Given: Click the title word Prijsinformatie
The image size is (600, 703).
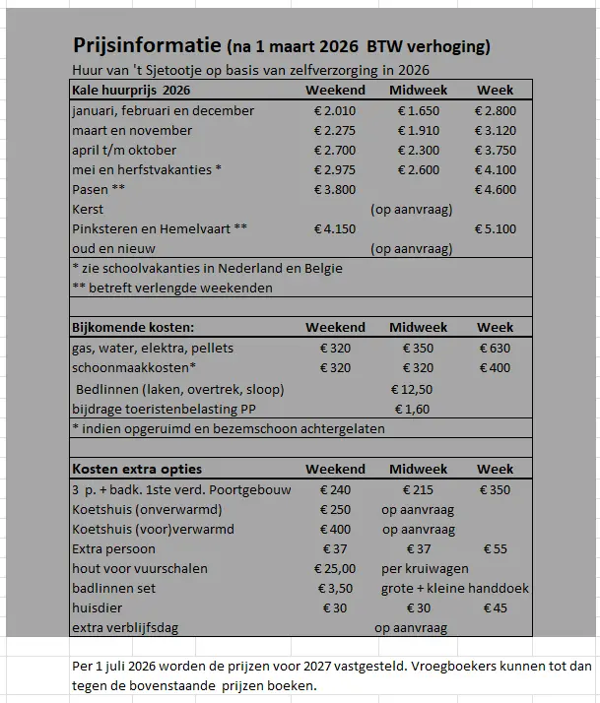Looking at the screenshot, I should point(147,46).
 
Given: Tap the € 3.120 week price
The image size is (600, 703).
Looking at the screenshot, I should point(496,130).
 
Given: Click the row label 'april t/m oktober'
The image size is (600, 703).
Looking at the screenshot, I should point(124,150).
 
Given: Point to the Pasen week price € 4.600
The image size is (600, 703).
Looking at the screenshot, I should point(496,189).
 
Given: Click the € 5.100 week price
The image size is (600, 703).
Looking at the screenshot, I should point(496,228).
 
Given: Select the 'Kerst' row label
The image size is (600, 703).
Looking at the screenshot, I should point(88,209).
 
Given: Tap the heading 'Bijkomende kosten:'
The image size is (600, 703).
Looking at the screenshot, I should point(133,327).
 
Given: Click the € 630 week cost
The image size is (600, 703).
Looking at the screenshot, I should point(496,348).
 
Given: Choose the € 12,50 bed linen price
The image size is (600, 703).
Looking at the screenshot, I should point(412,389).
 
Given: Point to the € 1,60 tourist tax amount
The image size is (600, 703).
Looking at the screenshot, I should point(411,409).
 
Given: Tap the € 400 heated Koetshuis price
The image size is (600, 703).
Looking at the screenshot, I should point(335,530).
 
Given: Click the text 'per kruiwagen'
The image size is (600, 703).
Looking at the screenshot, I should point(425,568).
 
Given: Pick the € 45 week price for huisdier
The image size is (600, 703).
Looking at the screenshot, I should point(496,608).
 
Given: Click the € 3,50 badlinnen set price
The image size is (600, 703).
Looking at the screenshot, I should point(335,588).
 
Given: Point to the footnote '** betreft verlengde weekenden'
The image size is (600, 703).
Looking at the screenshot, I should point(172,288).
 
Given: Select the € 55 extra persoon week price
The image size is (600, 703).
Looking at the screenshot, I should point(496,548).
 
